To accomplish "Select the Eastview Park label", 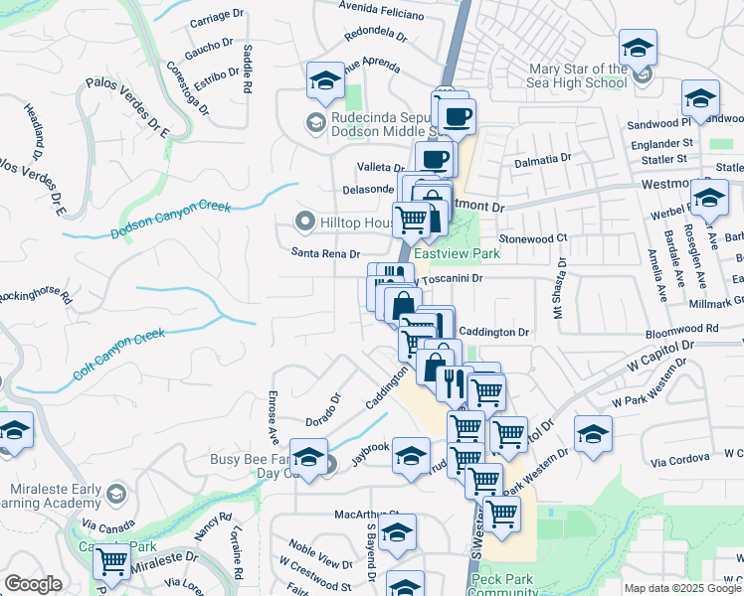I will [x=456, y=253].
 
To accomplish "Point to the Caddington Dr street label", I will [x=495, y=331].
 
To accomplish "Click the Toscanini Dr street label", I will [x=451, y=279].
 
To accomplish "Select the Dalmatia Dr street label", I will [x=542, y=158].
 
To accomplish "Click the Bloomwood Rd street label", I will [x=681, y=328].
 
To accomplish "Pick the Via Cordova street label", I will [x=680, y=458].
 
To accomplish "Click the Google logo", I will [x=33, y=584].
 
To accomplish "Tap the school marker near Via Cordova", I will [x=593, y=433].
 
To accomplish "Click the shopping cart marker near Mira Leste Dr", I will [x=112, y=560].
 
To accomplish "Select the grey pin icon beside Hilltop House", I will [x=305, y=221].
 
